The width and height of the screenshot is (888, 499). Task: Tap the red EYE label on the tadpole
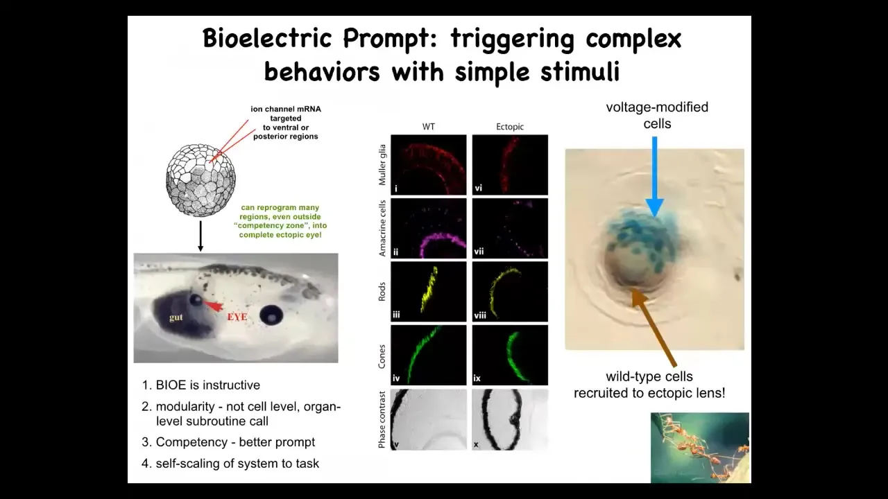237,317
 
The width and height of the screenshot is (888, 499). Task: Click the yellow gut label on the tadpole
176,317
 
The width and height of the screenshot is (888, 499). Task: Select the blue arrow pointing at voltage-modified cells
654,177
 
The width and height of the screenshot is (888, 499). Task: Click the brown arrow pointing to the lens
654,328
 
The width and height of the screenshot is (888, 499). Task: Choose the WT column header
429,127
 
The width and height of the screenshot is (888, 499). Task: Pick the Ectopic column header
510,127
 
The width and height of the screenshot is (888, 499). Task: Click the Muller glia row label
382,165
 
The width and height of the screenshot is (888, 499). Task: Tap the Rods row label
382,292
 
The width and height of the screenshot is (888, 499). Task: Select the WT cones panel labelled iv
429,355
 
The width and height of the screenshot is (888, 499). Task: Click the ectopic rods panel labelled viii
510,292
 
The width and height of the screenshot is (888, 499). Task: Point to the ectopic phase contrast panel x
510,419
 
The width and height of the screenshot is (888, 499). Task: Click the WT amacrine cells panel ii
429,228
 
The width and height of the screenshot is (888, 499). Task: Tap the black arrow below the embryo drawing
200,236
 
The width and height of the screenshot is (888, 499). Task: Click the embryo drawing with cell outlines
200,180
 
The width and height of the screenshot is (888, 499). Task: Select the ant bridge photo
700,448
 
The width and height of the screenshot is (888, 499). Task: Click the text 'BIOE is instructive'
207,385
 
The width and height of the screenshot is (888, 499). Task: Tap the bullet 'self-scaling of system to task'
237,464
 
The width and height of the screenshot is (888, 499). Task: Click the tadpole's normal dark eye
271,315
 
